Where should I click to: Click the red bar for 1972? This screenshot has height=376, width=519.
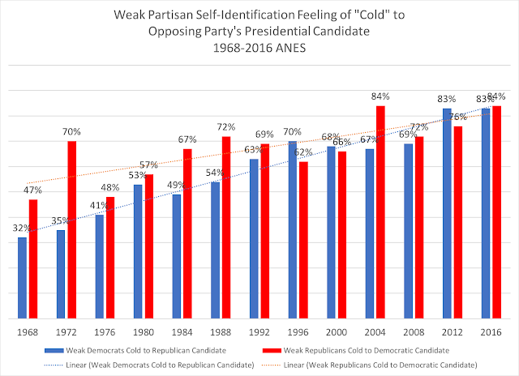[72, 229]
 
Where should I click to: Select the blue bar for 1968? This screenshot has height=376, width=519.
[23, 276]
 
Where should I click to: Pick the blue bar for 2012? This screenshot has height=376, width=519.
[446, 211]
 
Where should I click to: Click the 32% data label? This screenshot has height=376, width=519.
[23, 229]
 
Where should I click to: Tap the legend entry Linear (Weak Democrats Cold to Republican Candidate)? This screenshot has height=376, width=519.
[149, 366]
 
